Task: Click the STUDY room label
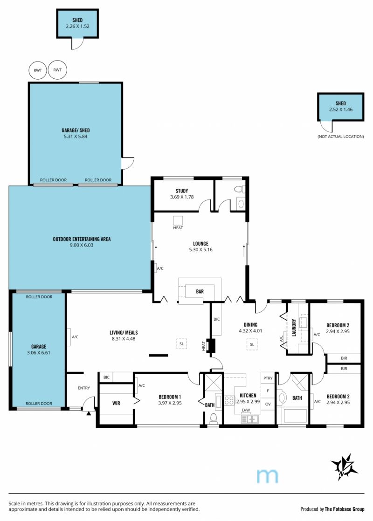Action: pyautogui.click(x=182, y=191)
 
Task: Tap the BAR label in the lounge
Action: pyautogui.click(x=200, y=291)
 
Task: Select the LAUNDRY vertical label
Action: pyautogui.click(x=294, y=328)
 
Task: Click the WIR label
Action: pyautogui.click(x=116, y=403)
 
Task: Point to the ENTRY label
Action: pyautogui.click(x=84, y=388)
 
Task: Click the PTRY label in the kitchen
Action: pyautogui.click(x=268, y=378)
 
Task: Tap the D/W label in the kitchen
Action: pyautogui.click(x=246, y=410)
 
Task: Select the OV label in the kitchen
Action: pyautogui.click(x=268, y=404)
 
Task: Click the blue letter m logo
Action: pyautogui.click(x=267, y=476)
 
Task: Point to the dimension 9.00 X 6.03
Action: pyautogui.click(x=81, y=245)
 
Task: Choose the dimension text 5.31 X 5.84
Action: pyautogui.click(x=76, y=136)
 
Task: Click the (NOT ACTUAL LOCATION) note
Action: pyautogui.click(x=340, y=137)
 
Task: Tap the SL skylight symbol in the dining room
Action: pyautogui.click(x=252, y=344)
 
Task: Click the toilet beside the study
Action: pyautogui.click(x=239, y=189)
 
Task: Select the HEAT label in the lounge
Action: pyautogui.click(x=178, y=227)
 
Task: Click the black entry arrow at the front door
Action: pyautogui.click(x=89, y=413)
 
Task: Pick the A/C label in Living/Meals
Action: pyautogui.click(x=75, y=337)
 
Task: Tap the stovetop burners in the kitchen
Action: pyautogui.click(x=229, y=400)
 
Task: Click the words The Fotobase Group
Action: pyautogui.click(x=345, y=509)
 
